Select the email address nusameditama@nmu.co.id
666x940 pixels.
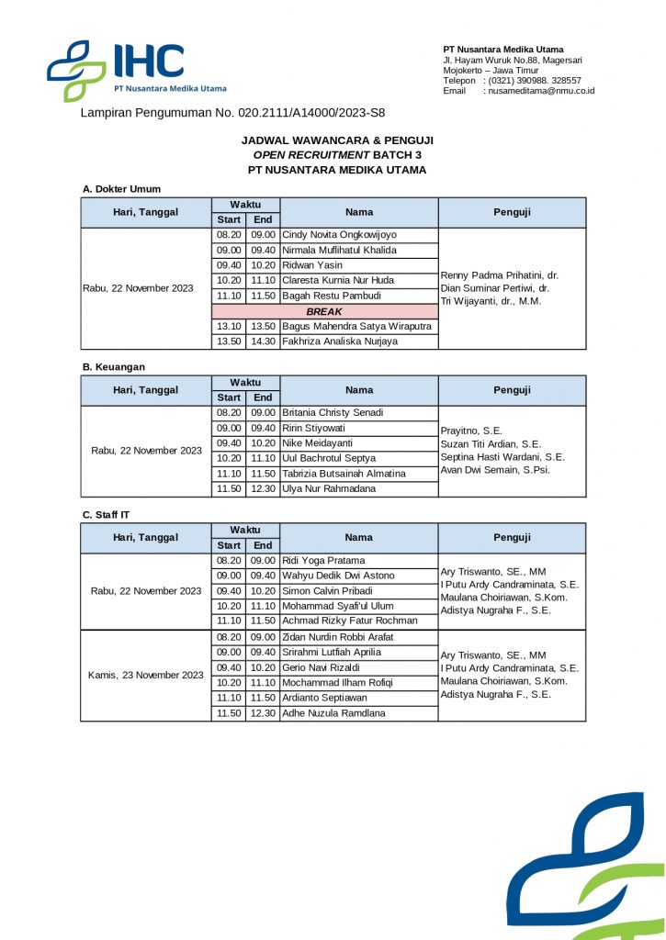click(541, 91)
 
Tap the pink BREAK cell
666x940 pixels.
click(323, 312)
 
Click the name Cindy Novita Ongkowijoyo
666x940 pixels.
click(339, 235)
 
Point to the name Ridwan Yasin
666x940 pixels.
click(312, 265)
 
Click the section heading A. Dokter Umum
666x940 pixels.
click(121, 189)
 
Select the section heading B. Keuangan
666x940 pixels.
click(114, 367)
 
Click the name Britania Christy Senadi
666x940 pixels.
click(333, 413)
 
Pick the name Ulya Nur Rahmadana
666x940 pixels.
click(329, 488)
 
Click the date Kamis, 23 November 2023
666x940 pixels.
click(145, 675)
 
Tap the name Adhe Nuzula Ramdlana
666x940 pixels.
click(333, 713)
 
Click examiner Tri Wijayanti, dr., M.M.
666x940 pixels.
click(491, 301)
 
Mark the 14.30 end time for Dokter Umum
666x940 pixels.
click(263, 341)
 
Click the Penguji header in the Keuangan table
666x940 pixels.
click(512, 390)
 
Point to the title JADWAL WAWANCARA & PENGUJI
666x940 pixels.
click(337, 140)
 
